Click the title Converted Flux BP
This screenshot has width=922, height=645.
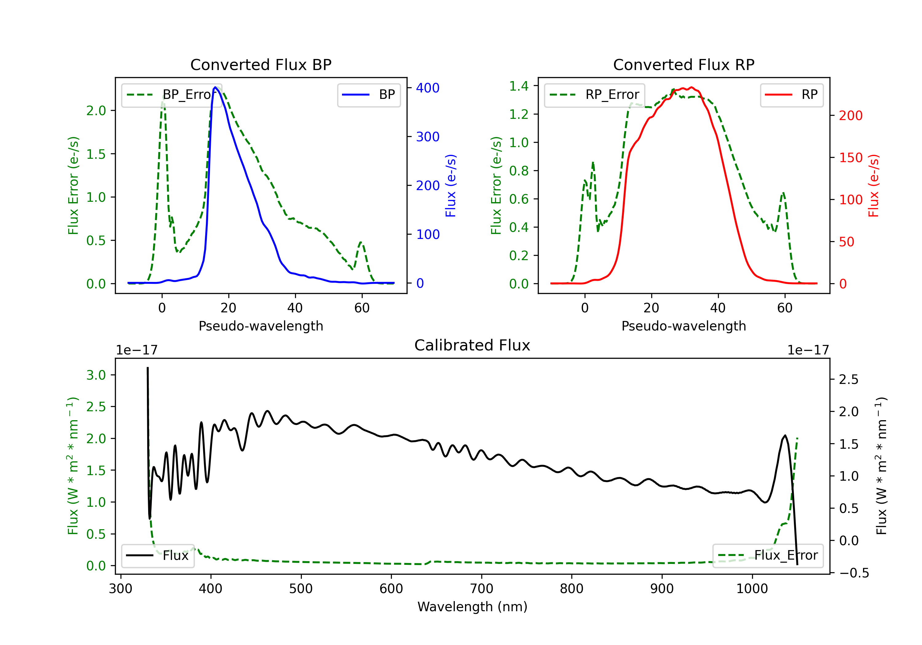tap(261, 64)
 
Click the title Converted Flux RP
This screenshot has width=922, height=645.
tap(684, 64)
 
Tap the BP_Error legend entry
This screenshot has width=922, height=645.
tap(171, 95)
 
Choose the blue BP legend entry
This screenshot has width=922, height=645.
tap(368, 95)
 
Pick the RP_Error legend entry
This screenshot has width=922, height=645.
tap(594, 95)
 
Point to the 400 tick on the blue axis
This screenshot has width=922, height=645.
tap(427, 88)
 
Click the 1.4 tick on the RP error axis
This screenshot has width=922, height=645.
tap(518, 86)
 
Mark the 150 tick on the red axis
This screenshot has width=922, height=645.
tap(850, 158)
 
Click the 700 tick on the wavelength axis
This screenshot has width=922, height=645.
tap(482, 588)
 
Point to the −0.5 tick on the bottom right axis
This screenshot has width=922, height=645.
tap(854, 573)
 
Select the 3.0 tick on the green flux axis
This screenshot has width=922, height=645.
tap(96, 375)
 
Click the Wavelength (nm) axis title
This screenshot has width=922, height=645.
tap(472, 607)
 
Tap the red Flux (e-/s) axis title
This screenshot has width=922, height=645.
tap(874, 186)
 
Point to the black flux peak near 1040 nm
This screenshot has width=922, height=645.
tap(785, 436)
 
